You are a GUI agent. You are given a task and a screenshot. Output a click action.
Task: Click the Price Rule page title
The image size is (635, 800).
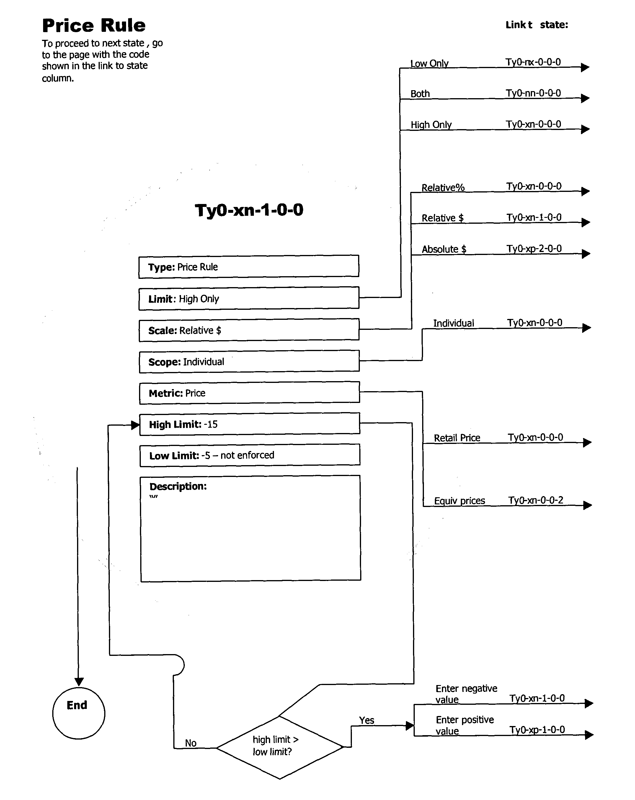point(94,26)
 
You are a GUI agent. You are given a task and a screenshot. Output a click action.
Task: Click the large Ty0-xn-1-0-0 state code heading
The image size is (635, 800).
point(249,210)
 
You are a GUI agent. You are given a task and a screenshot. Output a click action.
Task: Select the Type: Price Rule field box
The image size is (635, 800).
point(249,266)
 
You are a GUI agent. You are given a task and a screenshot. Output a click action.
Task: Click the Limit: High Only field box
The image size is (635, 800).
point(249,298)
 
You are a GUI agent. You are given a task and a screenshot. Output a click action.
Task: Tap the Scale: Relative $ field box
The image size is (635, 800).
point(249,330)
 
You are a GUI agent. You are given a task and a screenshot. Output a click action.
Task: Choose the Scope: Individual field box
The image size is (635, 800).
point(249,361)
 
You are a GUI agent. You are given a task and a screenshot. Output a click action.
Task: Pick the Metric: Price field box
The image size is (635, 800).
point(249,393)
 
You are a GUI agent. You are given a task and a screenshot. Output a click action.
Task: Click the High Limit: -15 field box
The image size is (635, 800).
point(249,424)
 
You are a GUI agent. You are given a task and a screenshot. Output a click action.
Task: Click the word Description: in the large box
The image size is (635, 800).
point(178,486)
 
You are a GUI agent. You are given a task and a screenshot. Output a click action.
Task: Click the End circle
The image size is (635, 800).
point(79,713)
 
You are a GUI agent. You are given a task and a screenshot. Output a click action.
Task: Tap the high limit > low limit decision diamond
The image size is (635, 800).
point(279,747)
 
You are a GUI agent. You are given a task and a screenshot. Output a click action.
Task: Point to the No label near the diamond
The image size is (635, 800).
point(191,743)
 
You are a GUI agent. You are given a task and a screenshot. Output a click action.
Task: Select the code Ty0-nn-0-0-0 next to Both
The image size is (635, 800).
point(533,93)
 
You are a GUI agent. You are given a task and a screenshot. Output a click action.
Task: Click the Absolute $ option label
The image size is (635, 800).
point(444,249)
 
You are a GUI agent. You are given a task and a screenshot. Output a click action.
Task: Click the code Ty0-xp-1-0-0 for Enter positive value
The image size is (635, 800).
point(537,730)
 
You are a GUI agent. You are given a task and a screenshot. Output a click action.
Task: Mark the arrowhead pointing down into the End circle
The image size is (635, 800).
point(79,682)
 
